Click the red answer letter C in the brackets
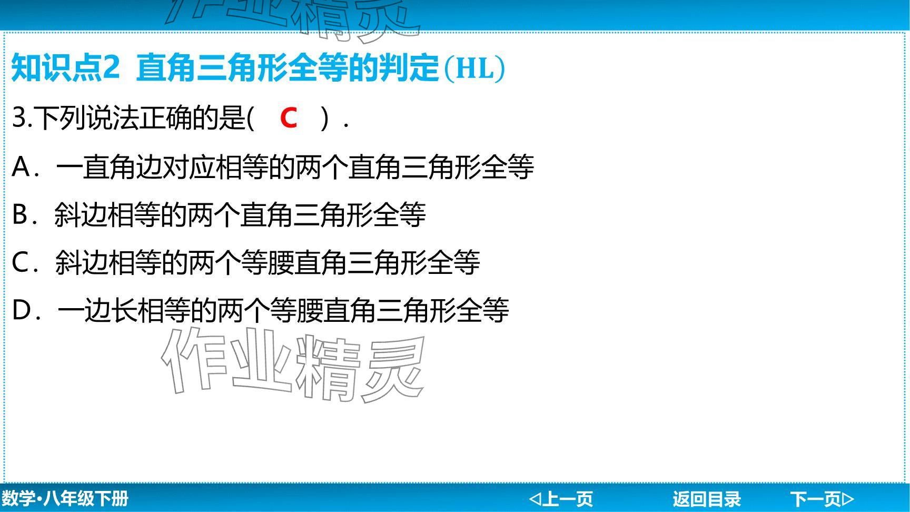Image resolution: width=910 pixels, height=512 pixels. click(289, 117)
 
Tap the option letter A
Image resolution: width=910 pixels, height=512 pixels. click(21, 167)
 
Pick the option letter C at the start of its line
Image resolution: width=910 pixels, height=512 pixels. click(21, 262)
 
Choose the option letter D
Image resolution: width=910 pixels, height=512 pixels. click(22, 310)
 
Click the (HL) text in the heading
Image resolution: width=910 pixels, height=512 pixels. click(474, 68)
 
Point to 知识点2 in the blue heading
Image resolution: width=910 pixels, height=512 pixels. click(65, 68)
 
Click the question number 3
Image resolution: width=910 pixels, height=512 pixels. click(19, 117)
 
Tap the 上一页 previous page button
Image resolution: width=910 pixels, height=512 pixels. click(561, 498)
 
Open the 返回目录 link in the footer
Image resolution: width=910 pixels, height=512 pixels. click(706, 498)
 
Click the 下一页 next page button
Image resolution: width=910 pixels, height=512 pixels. click(822, 498)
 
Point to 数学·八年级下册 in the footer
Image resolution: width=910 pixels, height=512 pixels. click(64, 498)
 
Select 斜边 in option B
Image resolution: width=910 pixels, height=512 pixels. click(81, 215)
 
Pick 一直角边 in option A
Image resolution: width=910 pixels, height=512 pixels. click(109, 167)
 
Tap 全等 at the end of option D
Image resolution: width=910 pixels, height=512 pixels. click(483, 310)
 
